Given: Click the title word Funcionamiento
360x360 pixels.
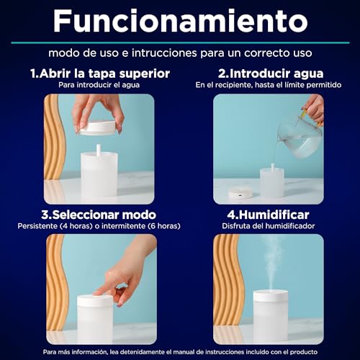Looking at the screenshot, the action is tap(180, 21).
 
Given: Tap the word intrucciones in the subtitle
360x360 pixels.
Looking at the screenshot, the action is tap(164, 53).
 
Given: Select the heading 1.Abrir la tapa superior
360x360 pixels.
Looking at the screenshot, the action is tap(100, 73).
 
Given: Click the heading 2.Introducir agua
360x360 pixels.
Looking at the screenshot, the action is tap(271, 73).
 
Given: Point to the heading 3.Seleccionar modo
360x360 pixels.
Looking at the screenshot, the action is tap(99, 215).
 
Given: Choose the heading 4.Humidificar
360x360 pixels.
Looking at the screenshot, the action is tap(268, 215).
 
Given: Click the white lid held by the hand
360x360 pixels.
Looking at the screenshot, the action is tap(98, 127).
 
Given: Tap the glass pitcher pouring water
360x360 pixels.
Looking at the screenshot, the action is tap(300, 139).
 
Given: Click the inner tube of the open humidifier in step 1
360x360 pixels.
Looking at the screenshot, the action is tap(99, 149).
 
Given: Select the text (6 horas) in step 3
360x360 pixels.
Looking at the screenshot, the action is tap(164, 226).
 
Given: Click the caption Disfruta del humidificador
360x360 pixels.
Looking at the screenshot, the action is tap(268, 226).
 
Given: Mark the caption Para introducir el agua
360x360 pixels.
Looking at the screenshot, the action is tap(99, 85).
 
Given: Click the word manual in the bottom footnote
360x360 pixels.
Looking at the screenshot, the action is tap(184, 352).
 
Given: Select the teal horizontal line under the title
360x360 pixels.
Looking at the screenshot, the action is tap(180, 42).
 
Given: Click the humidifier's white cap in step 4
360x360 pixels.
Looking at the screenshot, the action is tap(271, 296).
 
